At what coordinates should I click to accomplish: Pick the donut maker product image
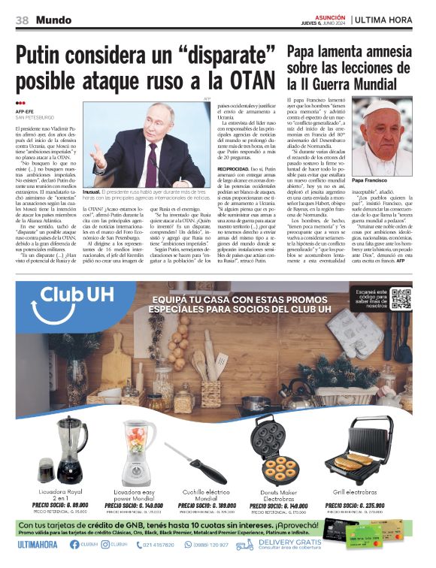click(x=280, y=455)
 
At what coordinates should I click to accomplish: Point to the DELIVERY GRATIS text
click(x=289, y=541)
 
